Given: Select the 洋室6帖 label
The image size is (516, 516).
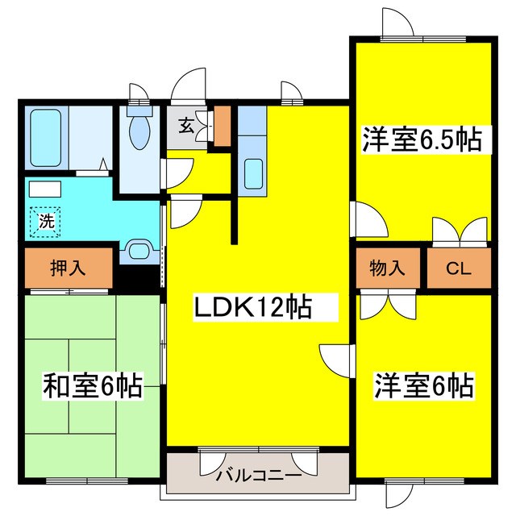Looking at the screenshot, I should point(422,385).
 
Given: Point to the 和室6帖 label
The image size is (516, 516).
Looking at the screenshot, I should point(92,388).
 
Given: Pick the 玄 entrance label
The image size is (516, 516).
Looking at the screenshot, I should point(185,127).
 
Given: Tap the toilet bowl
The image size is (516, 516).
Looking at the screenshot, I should point(140,133).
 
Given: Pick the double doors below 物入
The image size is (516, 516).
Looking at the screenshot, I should point(387,306).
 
